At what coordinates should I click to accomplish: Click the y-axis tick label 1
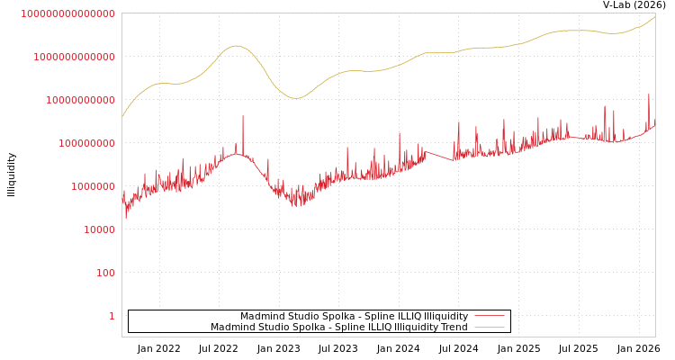[112, 316]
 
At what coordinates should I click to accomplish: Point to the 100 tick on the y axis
[105, 273]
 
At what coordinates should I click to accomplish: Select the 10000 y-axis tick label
[99, 229]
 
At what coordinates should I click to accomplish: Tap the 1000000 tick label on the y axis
[93, 186]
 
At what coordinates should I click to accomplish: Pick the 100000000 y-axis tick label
[86, 143]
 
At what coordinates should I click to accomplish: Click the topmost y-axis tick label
[67, 13]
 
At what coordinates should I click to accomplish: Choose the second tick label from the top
[74, 57]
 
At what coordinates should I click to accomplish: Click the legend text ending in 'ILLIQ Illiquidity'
[354, 317]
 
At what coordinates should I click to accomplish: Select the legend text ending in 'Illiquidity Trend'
[339, 328]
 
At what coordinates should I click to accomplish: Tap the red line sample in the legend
[489, 317]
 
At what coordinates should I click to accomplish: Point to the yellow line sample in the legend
[489, 328]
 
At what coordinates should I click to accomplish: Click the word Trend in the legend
[454, 328]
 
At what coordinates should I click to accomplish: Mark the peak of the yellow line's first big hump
[237, 46]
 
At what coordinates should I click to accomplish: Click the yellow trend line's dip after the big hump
[296, 98]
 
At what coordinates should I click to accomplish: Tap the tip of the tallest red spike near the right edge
[648, 94]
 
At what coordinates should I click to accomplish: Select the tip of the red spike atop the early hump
[242, 116]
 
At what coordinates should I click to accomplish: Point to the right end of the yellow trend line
[655, 16]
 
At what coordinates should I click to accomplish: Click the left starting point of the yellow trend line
[122, 117]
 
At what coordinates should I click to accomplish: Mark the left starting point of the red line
[122, 200]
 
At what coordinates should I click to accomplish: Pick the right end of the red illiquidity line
[655, 125]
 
